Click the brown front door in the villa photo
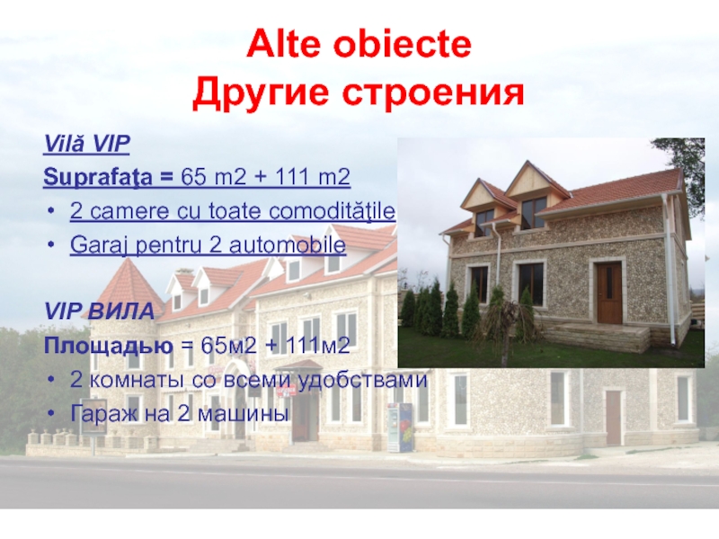point(608,293)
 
